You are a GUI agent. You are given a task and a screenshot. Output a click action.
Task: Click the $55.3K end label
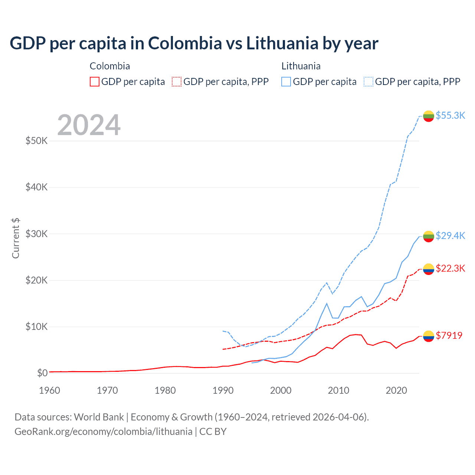[450, 115]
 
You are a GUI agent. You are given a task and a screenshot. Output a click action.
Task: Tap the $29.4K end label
[450, 236]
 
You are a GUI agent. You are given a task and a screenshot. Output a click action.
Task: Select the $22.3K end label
[450, 268]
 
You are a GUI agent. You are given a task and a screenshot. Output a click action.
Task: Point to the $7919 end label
[449, 335]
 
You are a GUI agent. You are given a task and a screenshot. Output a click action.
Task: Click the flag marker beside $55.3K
[429, 116]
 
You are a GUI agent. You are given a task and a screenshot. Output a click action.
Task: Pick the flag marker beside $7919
[429, 336]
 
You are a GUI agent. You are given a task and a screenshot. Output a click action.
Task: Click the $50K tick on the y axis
[36, 141]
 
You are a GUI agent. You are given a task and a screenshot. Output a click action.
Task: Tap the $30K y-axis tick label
[36, 234]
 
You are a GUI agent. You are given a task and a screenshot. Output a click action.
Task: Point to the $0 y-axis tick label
[42, 373]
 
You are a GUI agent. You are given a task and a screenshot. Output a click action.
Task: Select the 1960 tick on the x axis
[49, 390]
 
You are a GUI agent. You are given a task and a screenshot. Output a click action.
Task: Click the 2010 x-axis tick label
[338, 390]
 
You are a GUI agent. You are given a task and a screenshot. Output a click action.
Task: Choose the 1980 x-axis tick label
[165, 390]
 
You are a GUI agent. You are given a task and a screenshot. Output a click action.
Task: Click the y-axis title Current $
[16, 238]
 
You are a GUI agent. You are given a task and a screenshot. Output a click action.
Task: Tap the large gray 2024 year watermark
[89, 125]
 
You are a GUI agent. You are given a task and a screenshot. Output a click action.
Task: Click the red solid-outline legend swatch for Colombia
[95, 82]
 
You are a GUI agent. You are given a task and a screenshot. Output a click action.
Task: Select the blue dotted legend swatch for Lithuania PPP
[368, 82]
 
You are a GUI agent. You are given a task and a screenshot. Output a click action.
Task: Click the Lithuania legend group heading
[301, 66]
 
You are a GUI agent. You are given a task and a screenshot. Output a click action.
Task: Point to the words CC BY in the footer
[213, 432]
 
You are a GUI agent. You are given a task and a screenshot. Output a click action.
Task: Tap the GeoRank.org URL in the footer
[103, 432]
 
